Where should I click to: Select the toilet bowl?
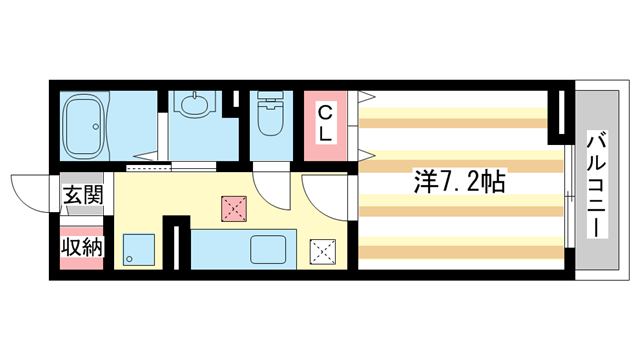[x=269, y=122]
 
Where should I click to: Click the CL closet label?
[x=326, y=120]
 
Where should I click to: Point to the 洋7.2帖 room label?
[x=459, y=182]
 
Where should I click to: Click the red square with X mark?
[x=234, y=208]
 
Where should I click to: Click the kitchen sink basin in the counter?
[x=269, y=249]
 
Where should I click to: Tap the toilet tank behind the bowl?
[x=268, y=99]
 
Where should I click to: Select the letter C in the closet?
[x=326, y=110]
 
